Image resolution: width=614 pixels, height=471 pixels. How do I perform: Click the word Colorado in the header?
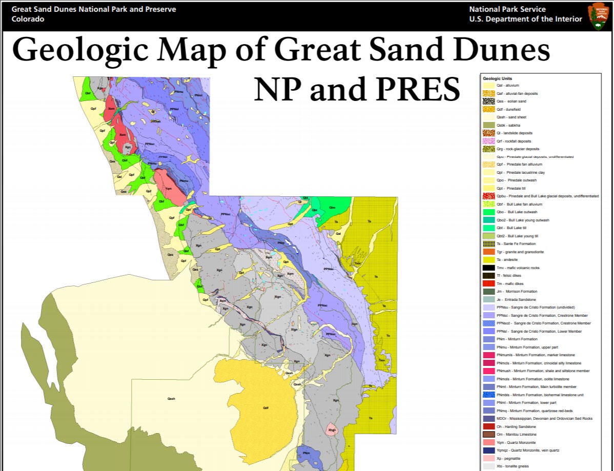point(28,19)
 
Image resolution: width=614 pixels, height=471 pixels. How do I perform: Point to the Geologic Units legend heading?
point(497,78)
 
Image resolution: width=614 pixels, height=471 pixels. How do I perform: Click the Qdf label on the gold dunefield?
point(265,408)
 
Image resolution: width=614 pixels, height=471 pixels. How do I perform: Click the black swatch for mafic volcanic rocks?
point(488,268)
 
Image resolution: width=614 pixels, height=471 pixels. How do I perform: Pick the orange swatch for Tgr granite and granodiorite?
point(488,252)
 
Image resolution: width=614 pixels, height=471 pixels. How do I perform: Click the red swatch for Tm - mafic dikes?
point(488,283)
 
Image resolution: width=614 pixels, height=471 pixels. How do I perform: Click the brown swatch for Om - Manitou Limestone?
point(488,435)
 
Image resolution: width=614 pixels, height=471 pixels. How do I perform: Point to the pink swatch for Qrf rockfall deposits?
point(488,141)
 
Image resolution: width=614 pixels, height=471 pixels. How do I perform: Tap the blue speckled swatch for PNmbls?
point(488,395)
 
